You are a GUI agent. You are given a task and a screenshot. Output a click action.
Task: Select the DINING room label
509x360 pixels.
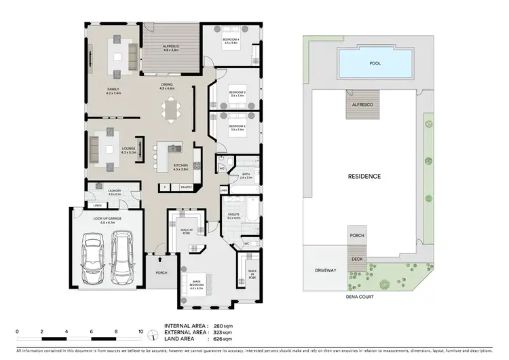pyautogui.click(x=167, y=86)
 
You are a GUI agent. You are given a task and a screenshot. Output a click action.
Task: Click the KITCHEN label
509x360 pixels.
pyautogui.click(x=181, y=166)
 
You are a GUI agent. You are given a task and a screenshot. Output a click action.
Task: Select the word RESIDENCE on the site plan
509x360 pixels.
pyautogui.click(x=365, y=177)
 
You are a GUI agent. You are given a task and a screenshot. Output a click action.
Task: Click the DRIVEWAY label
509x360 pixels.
pyautogui.click(x=326, y=270)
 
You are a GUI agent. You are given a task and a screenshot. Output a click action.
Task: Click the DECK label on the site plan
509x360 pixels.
pyautogui.click(x=357, y=259)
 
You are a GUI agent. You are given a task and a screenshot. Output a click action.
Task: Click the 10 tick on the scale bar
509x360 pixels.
pyautogui.click(x=140, y=332)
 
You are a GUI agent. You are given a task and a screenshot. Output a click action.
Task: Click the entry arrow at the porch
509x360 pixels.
pyautogui.click(x=159, y=258)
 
